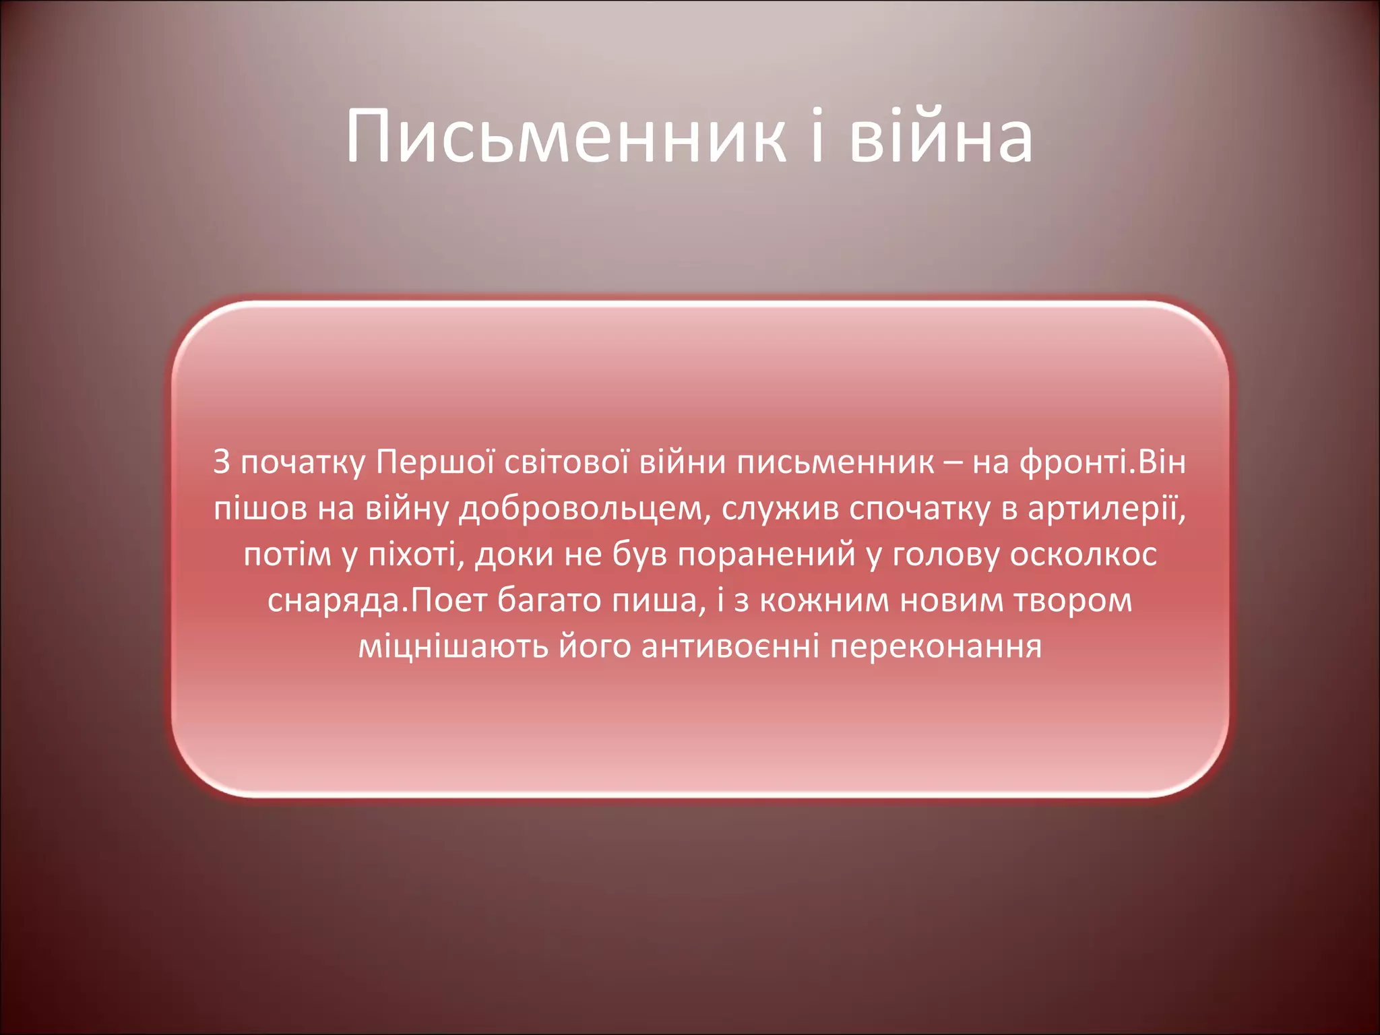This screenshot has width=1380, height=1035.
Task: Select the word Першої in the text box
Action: click(x=435, y=463)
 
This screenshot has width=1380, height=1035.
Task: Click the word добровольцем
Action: click(x=580, y=509)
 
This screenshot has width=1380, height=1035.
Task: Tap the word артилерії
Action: click(x=1106, y=509)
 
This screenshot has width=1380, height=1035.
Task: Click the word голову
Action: click(x=946, y=555)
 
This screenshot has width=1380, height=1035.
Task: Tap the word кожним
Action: click(x=824, y=600)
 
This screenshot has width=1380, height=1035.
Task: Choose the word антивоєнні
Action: click(x=730, y=646)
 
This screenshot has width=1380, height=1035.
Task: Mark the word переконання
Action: click(x=936, y=646)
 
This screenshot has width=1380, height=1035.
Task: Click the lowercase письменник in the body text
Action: click(x=836, y=463)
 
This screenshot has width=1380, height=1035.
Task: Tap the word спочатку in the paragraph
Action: click(x=920, y=509)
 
